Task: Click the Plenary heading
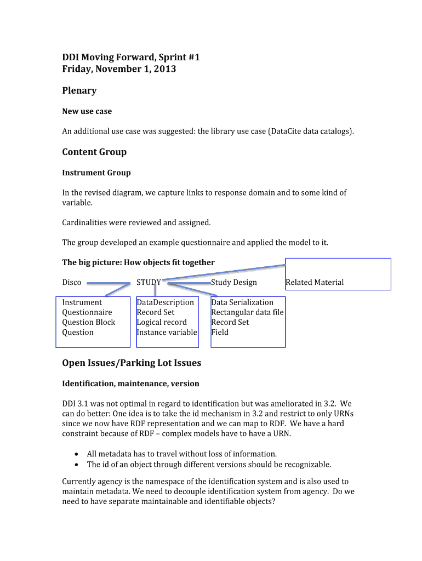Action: pyautogui.click(x=79, y=90)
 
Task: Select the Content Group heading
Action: pyautogui.click(x=94, y=152)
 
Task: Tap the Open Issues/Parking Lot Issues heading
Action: pyautogui.click(x=132, y=363)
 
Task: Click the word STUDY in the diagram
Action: pyautogui.click(x=149, y=282)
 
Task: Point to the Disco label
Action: pyautogui.click(x=71, y=282)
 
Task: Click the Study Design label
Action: pyautogui.click(x=234, y=282)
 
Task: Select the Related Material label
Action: pyautogui.click(x=315, y=282)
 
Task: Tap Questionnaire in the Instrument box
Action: pyautogui.click(x=87, y=312)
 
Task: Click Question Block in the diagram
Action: pyautogui.click(x=88, y=322)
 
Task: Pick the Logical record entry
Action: pyautogui.click(x=162, y=322)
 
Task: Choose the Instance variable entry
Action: pyautogui.click(x=167, y=332)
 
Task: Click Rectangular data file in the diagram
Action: pyautogui.click(x=247, y=312)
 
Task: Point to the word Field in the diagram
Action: pyautogui.click(x=220, y=332)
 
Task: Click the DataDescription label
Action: pyautogui.click(x=165, y=302)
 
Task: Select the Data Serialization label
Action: pyautogui.click(x=242, y=302)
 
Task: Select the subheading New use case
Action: pyautogui.click(x=87, y=111)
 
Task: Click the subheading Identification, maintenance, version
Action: pyautogui.click(x=130, y=383)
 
